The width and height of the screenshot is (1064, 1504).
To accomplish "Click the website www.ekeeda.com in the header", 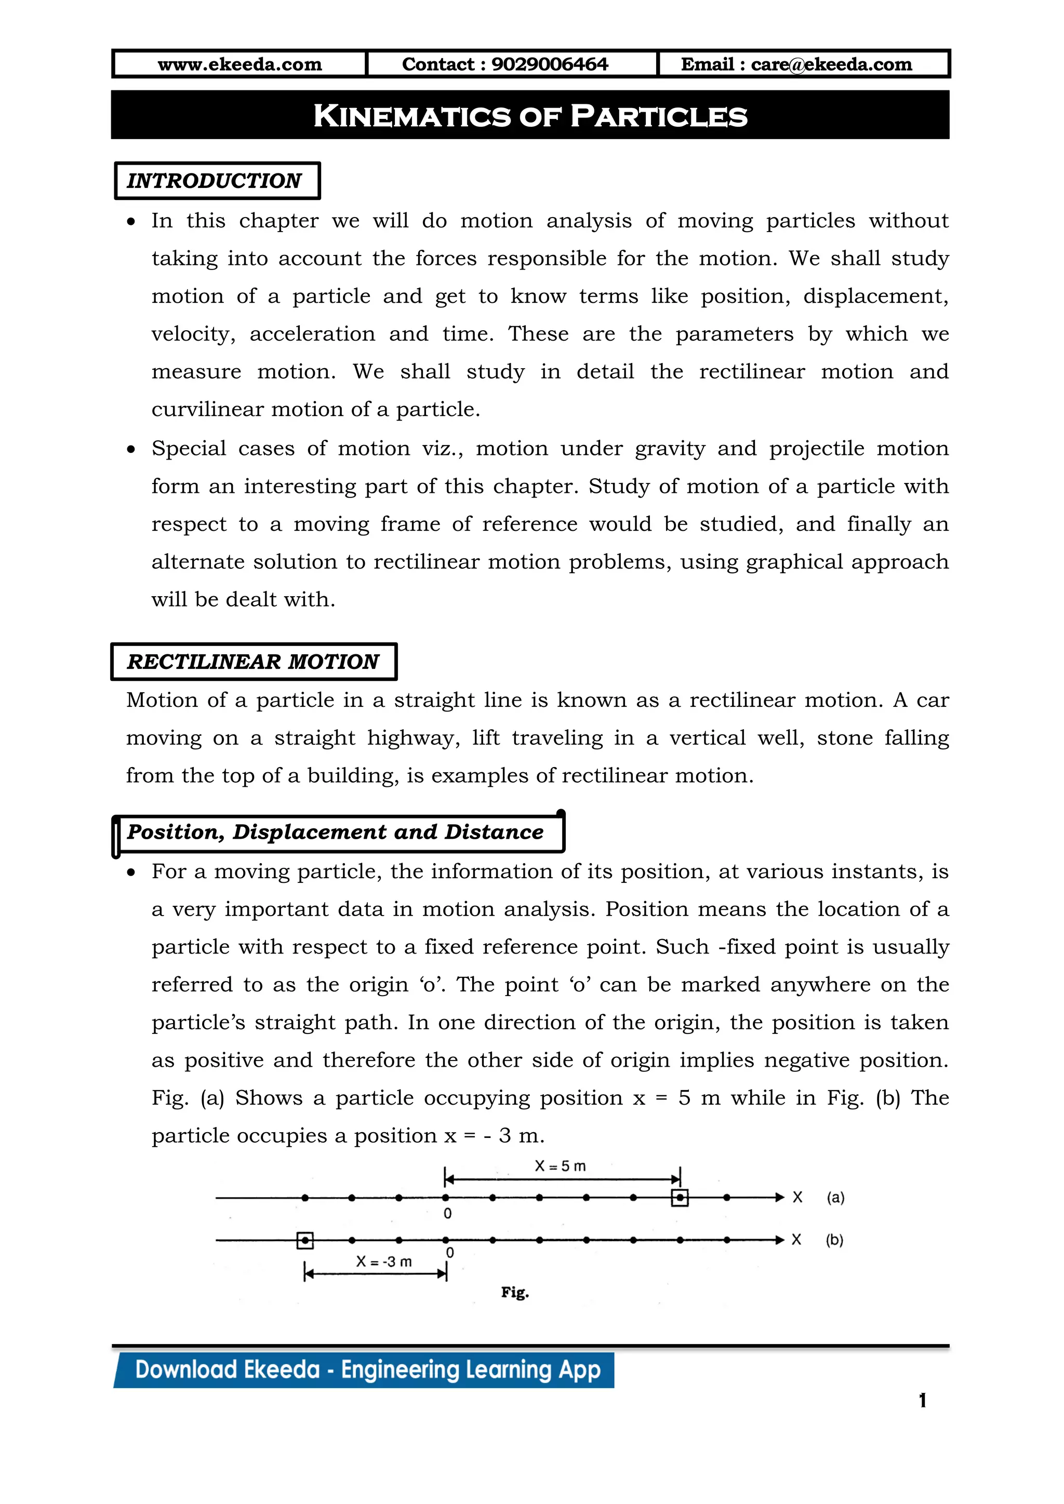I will [240, 64].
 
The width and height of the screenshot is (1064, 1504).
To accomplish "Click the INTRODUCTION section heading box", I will [216, 181].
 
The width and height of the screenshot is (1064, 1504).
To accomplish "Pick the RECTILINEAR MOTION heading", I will [253, 662].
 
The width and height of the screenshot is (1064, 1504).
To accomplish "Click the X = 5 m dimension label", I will [560, 1166].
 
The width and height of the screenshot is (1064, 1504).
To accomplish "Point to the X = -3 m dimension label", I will [384, 1261].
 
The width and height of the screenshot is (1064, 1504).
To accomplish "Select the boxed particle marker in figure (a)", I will [680, 1198].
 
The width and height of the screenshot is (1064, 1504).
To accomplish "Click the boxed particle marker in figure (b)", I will [304, 1240].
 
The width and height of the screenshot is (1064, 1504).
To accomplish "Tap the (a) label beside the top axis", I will [835, 1198].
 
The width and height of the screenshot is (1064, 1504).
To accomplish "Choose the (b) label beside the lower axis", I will [834, 1240].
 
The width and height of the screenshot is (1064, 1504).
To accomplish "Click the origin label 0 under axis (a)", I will [447, 1214].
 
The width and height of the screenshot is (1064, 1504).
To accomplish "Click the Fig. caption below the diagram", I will [515, 1293].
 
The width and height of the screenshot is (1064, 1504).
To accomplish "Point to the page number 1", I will [923, 1401].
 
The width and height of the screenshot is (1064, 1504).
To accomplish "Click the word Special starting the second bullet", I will [189, 449].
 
